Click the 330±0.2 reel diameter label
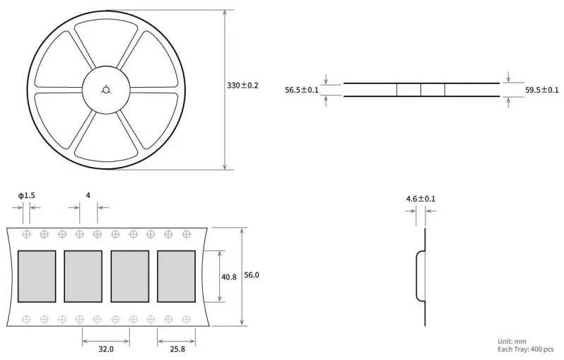[x=242, y=86]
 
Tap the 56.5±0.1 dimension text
[x=301, y=90]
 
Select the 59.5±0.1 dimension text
[x=541, y=90]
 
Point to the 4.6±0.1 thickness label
[x=421, y=199]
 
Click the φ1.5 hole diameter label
[x=27, y=195]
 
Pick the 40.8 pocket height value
[x=229, y=277]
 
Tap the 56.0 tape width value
[x=252, y=275]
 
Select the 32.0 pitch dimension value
[x=106, y=349]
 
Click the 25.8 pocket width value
[x=177, y=349]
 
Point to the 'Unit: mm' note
[x=512, y=342]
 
